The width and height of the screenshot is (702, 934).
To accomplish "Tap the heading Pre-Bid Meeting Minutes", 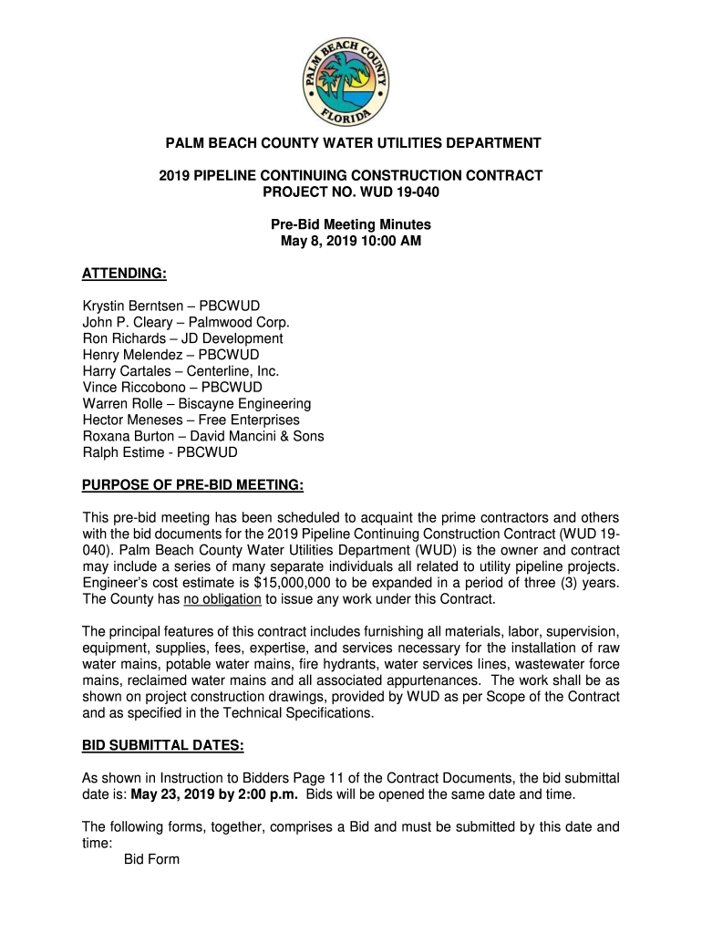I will pyautogui.click(x=351, y=224).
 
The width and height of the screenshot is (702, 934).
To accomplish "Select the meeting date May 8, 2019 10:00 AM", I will pyautogui.click(x=351, y=241).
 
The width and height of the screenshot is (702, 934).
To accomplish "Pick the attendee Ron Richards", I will pyautogui.click(x=127, y=338).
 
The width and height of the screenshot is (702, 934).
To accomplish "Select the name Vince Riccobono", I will pyautogui.click(x=135, y=388).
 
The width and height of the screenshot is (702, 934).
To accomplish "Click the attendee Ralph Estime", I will pyautogui.click(x=123, y=452).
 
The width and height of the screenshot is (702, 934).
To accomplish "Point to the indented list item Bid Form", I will pyautogui.click(x=151, y=859).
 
